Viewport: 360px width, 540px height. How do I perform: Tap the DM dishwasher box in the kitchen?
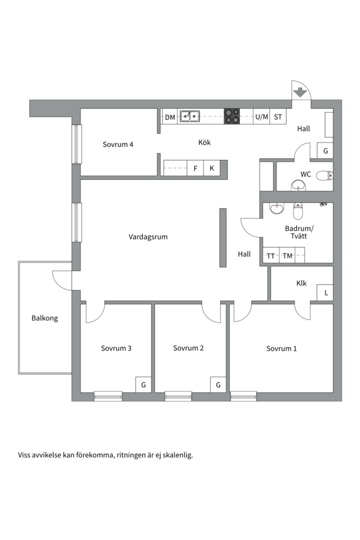[169, 116]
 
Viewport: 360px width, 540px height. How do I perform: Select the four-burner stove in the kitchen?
[232, 116]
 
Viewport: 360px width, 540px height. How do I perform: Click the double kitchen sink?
[190, 116]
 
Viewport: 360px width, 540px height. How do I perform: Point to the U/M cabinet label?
[262, 116]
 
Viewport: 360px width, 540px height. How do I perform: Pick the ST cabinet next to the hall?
[278, 116]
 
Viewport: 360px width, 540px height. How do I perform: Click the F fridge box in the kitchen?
[195, 168]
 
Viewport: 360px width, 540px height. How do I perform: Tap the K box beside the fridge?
[212, 168]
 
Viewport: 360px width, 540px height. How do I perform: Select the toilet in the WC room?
[324, 176]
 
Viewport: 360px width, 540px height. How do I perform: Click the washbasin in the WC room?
[298, 185]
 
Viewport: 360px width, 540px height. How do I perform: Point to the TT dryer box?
[271, 255]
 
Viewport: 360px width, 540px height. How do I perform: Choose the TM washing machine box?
[287, 255]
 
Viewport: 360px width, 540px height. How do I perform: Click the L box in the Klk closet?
[325, 292]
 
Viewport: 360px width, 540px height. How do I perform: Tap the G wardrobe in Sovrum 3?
[143, 384]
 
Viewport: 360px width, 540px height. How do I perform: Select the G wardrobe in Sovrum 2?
[218, 384]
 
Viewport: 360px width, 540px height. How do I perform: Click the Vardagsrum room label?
[148, 237]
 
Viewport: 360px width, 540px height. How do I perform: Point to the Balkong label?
[45, 318]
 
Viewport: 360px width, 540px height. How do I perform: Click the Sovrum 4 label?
[118, 144]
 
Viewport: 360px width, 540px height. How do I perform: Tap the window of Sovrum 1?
[243, 396]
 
